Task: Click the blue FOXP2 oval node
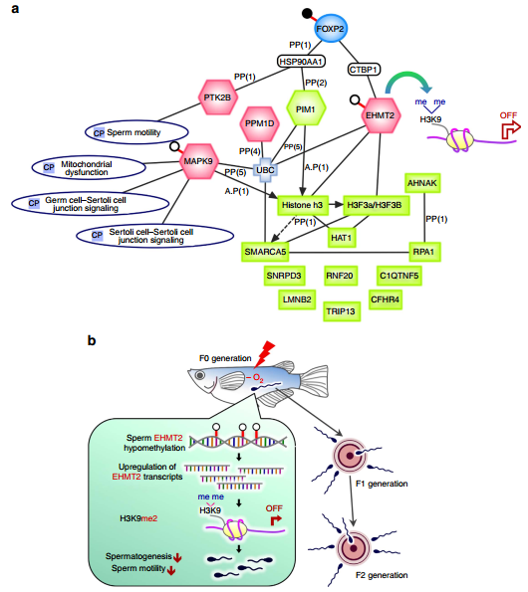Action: [330, 28]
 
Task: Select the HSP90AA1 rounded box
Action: [301, 61]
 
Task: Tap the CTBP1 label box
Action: [364, 70]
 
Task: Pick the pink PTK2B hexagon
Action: [218, 98]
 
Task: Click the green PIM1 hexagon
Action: [306, 109]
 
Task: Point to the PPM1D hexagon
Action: [260, 123]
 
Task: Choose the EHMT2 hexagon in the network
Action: [380, 115]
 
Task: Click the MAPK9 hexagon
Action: [198, 161]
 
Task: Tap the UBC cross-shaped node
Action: [265, 170]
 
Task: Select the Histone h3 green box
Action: [303, 205]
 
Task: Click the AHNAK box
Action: [422, 183]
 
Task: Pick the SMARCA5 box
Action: [265, 252]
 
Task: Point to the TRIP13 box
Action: [342, 311]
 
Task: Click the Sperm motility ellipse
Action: [136, 132]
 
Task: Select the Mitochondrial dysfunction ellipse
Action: [89, 168]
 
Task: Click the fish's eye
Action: [200, 375]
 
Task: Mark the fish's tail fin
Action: [314, 380]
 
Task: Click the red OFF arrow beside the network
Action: [511, 129]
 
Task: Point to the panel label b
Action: [92, 340]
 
